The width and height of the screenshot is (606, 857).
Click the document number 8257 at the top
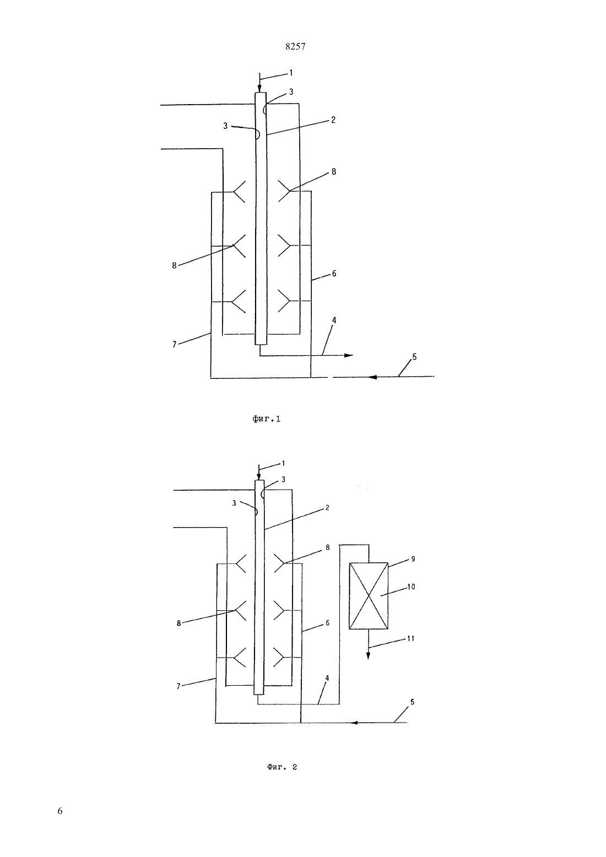(295, 46)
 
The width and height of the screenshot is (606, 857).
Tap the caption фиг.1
(266, 419)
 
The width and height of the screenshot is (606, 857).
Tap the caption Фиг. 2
(282, 767)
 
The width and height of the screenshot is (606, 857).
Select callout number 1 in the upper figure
(291, 72)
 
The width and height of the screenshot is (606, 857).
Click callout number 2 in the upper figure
(333, 120)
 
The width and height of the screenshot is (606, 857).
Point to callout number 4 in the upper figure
(334, 320)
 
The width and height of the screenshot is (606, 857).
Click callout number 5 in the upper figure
(414, 356)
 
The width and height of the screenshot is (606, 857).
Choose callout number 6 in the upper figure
(334, 273)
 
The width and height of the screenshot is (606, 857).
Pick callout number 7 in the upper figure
(175, 344)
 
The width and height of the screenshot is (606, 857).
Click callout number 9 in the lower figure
(413, 558)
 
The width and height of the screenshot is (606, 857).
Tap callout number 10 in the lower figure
(411, 587)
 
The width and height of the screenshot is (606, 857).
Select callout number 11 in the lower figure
(410, 638)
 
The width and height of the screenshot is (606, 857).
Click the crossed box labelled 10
(369, 596)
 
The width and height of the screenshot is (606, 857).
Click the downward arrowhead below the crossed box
(369, 655)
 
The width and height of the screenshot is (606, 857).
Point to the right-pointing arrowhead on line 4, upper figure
(349, 355)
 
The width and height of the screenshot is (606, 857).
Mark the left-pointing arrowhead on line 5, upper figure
(372, 377)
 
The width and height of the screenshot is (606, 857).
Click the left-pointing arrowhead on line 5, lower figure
(354, 723)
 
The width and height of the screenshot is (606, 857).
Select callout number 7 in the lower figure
(178, 686)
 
